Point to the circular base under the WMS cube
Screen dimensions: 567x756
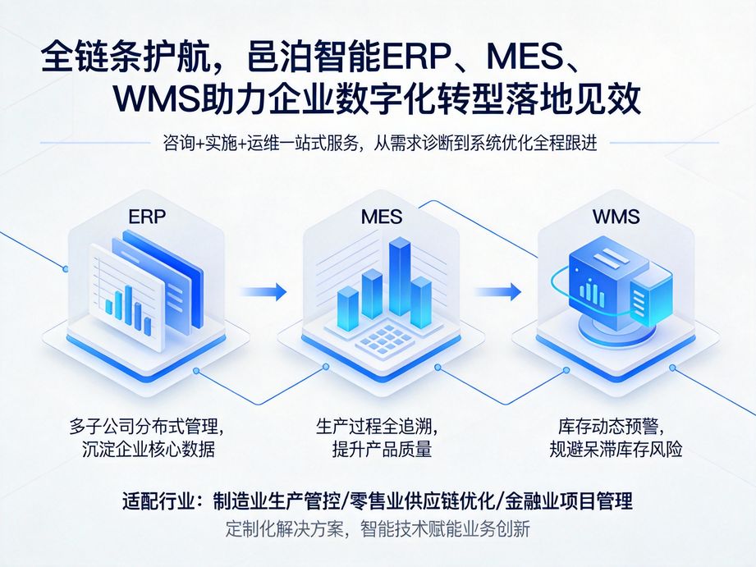(x=612, y=327)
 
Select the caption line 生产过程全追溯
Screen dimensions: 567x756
(x=377, y=428)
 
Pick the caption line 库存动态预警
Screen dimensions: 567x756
(x=610, y=428)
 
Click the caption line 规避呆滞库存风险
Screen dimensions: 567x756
(x=616, y=449)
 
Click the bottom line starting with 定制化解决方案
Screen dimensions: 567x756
(x=378, y=529)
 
